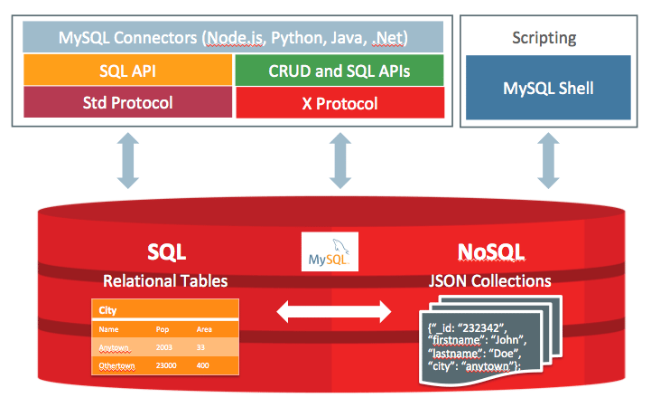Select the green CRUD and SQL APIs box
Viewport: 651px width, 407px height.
(x=339, y=71)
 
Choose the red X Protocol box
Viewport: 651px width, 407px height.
(x=339, y=103)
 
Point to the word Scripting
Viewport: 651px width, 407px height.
(x=544, y=39)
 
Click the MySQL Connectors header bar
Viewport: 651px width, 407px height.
(x=232, y=38)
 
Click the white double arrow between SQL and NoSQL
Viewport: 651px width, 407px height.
(x=333, y=313)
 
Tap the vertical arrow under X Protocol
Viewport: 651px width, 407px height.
(x=339, y=163)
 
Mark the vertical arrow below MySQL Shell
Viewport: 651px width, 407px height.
(x=548, y=163)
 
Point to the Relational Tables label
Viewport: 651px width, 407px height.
(x=164, y=279)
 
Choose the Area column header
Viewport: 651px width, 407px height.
(x=204, y=329)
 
